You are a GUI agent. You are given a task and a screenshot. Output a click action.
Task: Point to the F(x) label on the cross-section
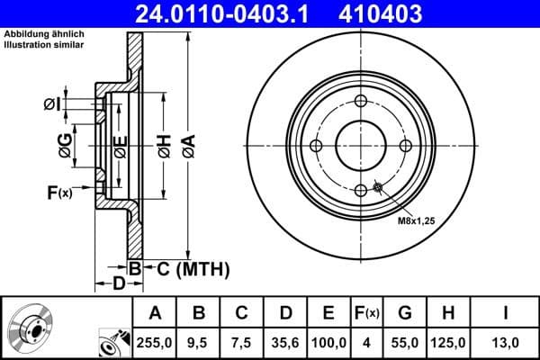coord(59,192)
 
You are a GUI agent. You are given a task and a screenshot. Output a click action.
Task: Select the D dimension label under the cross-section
coord(118,285)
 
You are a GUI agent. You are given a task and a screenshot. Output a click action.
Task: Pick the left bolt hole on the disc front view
coord(316,146)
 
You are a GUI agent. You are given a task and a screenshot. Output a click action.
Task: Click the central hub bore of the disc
coord(360,146)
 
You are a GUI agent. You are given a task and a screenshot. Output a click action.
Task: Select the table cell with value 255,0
coord(156,341)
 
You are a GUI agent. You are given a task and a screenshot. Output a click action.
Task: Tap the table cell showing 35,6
coord(286,341)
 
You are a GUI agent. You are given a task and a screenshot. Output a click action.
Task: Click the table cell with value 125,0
coord(449,341)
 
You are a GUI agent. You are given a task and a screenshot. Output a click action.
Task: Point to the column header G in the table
coord(405,313)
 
